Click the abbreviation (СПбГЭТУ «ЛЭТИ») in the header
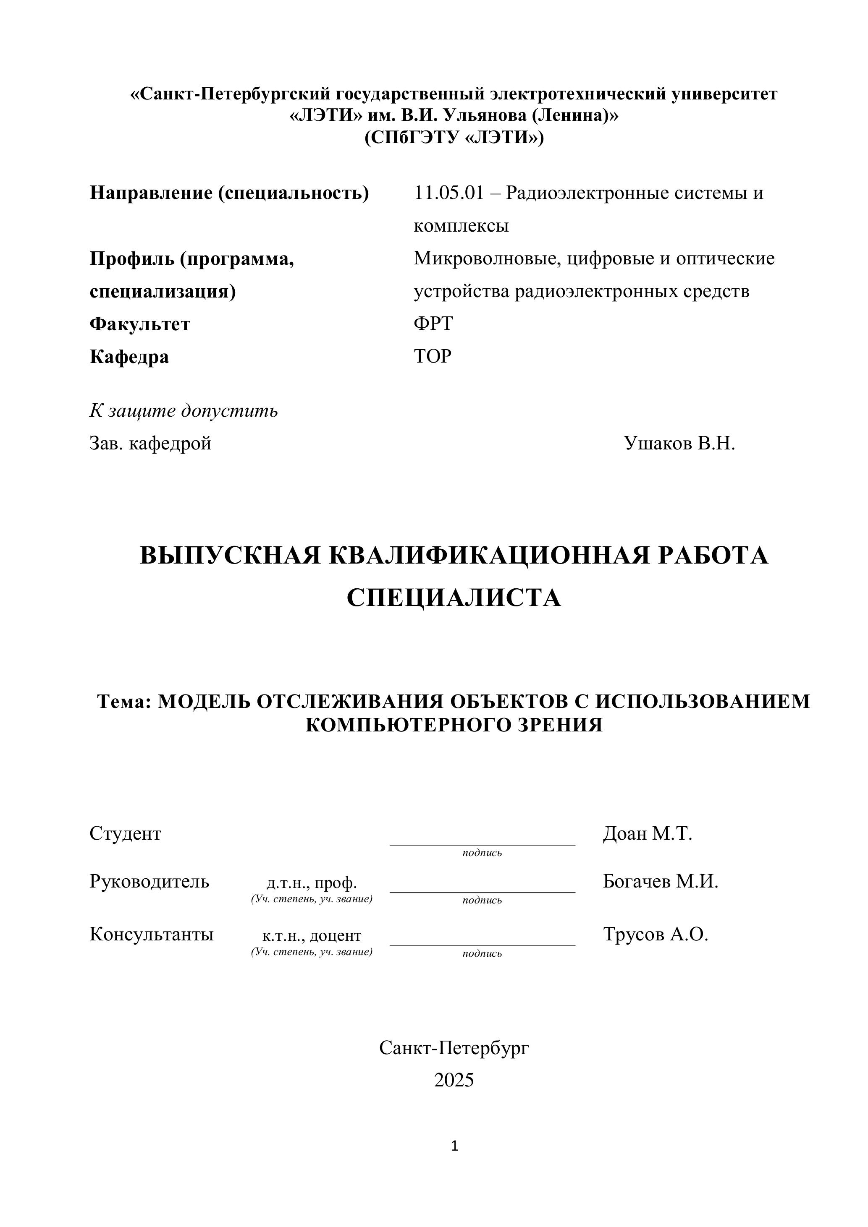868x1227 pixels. pyautogui.click(x=454, y=138)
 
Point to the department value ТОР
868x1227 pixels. pyautogui.click(x=433, y=356)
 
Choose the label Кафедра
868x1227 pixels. pyautogui.click(x=129, y=356)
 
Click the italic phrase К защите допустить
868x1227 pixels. pyautogui.click(x=184, y=410)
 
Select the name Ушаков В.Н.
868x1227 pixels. pyautogui.click(x=679, y=443)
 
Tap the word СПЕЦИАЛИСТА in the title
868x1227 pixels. pyautogui.click(x=454, y=598)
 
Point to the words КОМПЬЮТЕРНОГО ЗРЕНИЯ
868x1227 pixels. pyautogui.click(x=454, y=725)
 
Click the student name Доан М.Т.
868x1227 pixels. pyautogui.click(x=647, y=834)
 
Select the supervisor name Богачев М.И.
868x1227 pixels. pyautogui.click(x=661, y=881)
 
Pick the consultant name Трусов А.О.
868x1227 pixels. pyautogui.click(x=655, y=934)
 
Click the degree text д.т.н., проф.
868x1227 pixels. pyautogui.click(x=312, y=883)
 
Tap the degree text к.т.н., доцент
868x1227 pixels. pyautogui.click(x=312, y=936)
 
